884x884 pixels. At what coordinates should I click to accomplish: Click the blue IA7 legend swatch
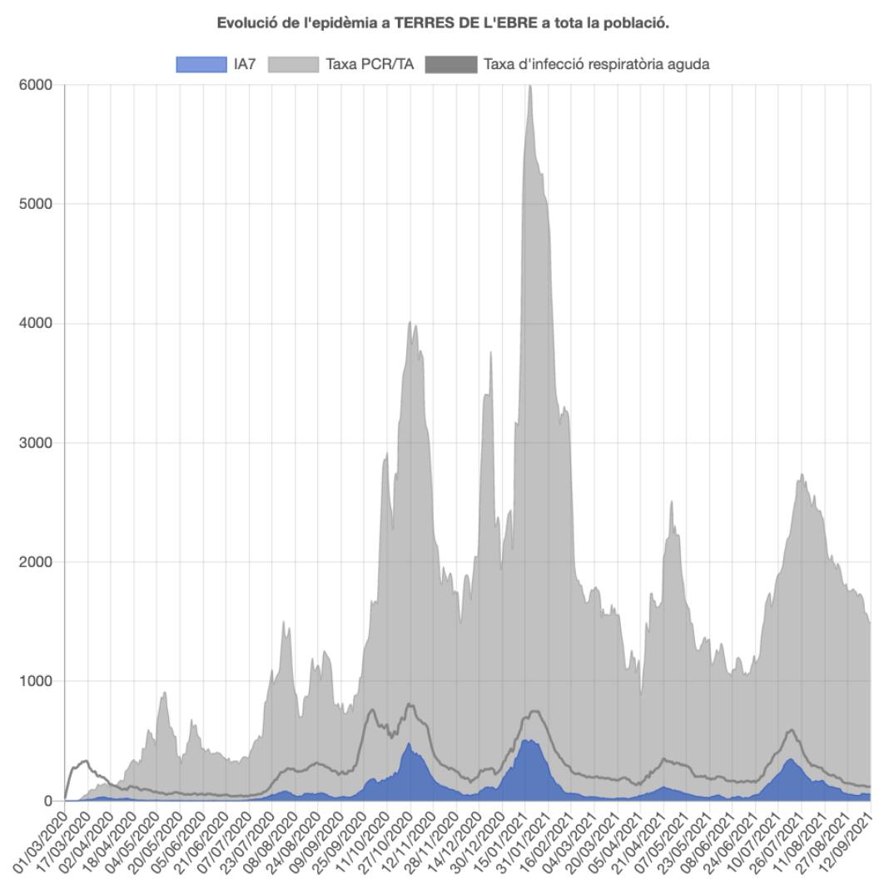click(x=201, y=64)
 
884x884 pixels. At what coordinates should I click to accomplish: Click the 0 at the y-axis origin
click(x=47, y=801)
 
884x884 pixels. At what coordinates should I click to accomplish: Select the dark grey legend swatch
click(x=451, y=64)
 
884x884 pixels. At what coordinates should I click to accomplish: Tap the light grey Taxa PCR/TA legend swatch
click(x=293, y=64)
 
